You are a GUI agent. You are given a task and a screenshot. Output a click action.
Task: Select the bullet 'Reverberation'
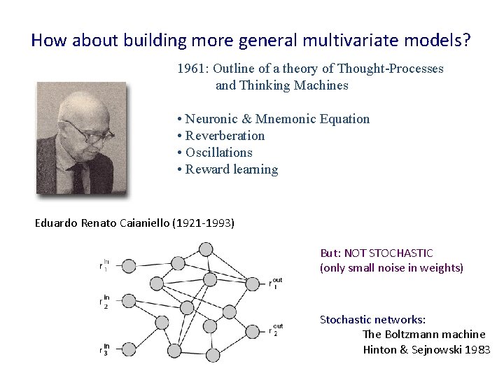pyautogui.click(x=225, y=136)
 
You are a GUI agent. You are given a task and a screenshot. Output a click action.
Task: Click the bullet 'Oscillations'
pyautogui.click(x=218, y=153)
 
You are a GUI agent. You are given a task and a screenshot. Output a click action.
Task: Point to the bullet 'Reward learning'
pyautogui.click(x=232, y=169)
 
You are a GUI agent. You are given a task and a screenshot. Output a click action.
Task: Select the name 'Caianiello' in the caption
pyautogui.click(x=150, y=223)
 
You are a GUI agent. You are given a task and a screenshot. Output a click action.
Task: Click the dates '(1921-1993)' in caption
pyautogui.click(x=206, y=223)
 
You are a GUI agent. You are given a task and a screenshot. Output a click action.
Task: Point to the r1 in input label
pyautogui.click(x=104, y=265)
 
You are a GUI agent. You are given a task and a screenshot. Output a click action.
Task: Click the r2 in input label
pyautogui.click(x=104, y=302)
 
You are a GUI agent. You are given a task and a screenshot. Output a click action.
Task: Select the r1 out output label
pyautogui.click(x=275, y=283)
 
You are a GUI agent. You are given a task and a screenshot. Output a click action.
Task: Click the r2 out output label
pyautogui.click(x=275, y=329)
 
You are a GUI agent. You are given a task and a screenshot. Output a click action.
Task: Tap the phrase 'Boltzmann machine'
pyautogui.click(x=423, y=335)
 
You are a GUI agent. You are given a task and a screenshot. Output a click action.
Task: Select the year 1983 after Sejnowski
pyautogui.click(x=477, y=349)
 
